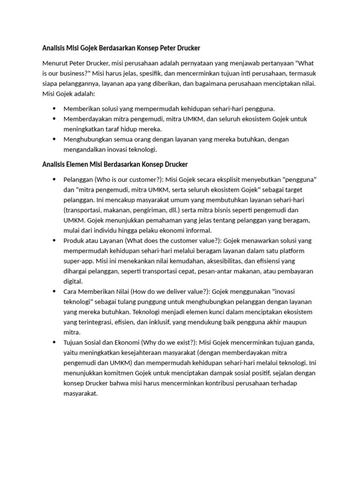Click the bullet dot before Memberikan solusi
tap(55, 108)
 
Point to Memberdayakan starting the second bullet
tap(87, 119)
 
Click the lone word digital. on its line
tap(73, 281)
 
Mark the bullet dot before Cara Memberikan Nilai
tap(55, 292)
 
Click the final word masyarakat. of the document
tap(80, 394)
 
